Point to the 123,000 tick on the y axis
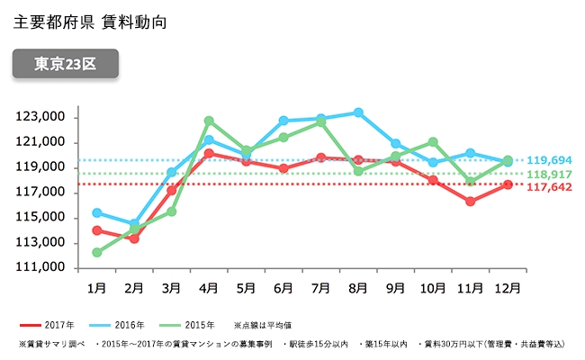[41, 117]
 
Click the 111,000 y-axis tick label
[41, 268]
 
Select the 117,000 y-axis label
[41, 193]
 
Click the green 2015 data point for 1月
[96, 253]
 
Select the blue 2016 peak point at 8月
[358, 112]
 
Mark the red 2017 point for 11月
[470, 202]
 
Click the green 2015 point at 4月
[209, 121]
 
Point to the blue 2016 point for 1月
[96, 213]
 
